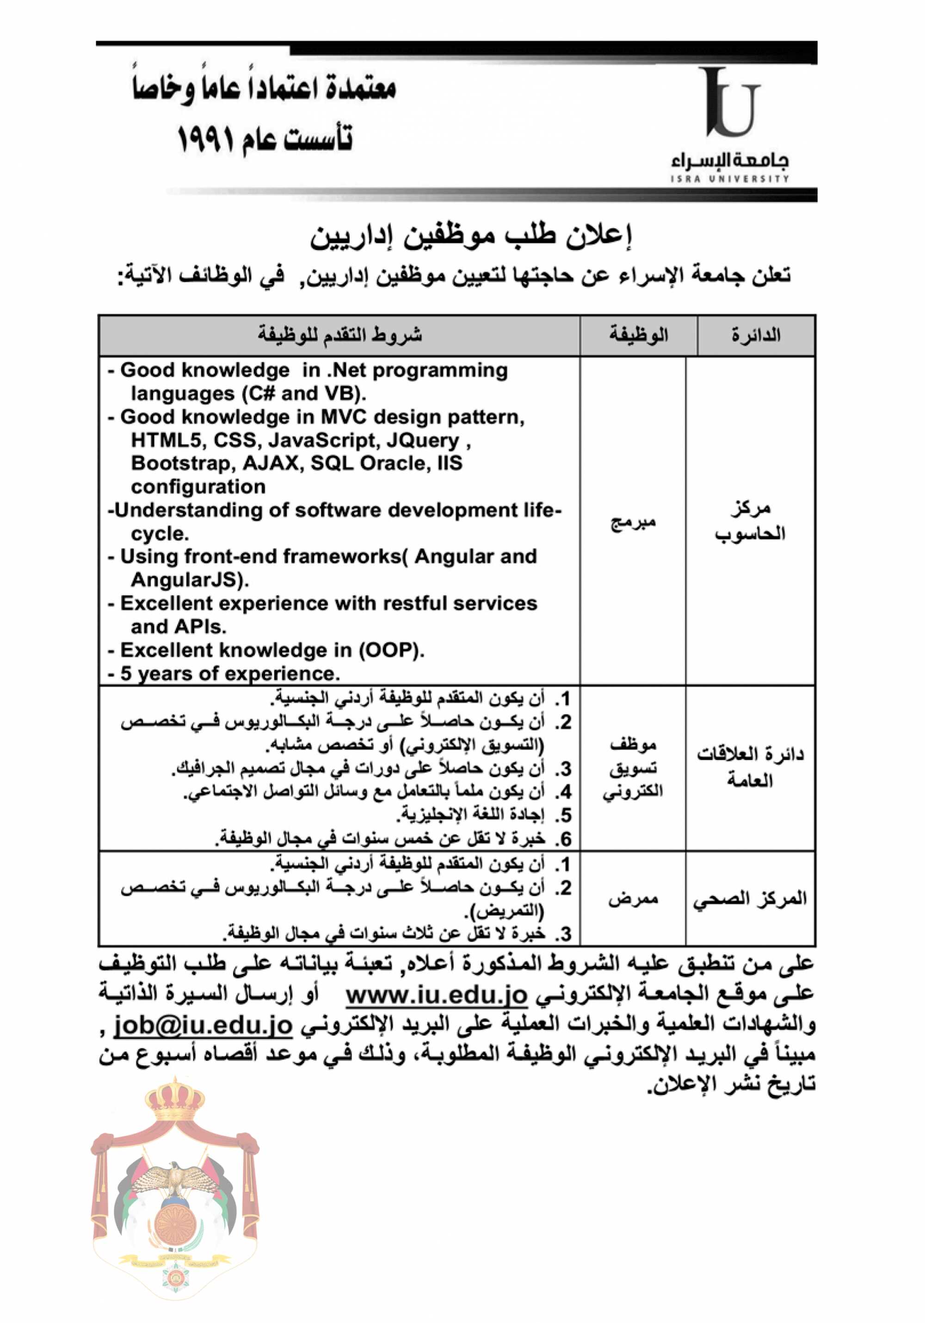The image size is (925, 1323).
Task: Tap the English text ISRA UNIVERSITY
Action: coord(729,179)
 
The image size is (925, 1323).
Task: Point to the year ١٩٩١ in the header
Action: coord(205,139)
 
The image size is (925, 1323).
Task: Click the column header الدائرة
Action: coord(756,335)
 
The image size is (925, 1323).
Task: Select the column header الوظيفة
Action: coord(638,335)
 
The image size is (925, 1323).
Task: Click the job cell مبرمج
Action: coord(633,522)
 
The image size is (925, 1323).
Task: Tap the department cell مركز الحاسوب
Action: coord(750,521)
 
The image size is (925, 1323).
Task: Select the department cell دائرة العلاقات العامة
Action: coord(750,767)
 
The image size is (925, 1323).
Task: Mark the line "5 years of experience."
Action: coord(230,673)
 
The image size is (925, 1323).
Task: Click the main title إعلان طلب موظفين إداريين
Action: coord(471,237)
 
